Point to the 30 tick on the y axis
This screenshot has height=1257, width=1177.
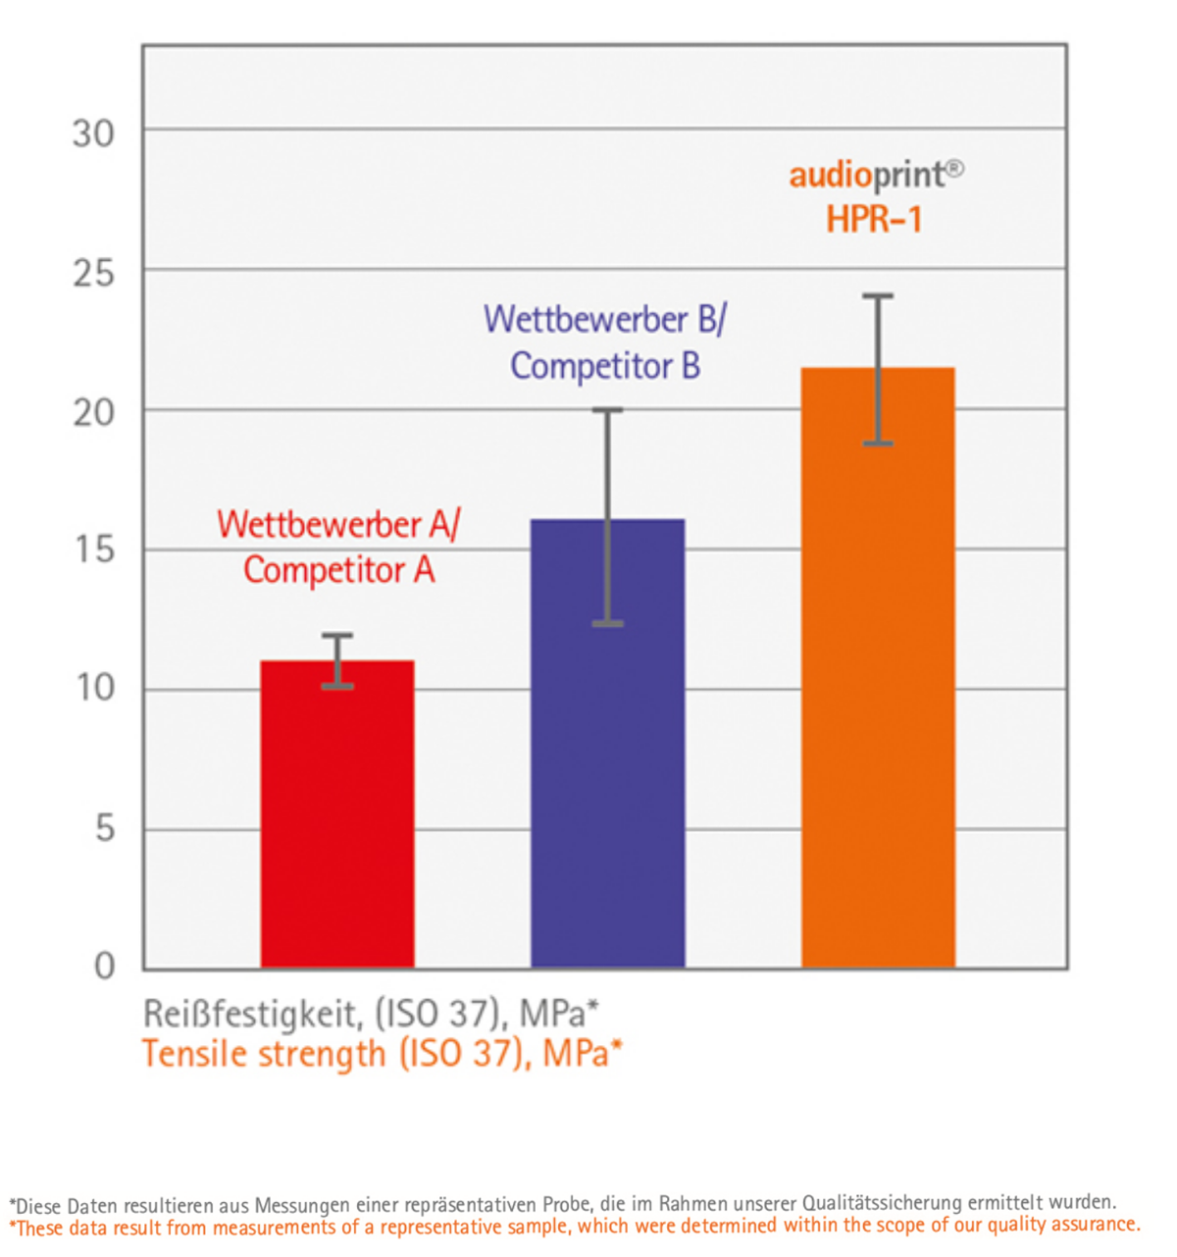pyautogui.click(x=93, y=133)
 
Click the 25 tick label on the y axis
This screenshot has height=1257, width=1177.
pyautogui.click(x=93, y=273)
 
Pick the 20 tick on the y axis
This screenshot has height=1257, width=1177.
pyautogui.click(x=93, y=413)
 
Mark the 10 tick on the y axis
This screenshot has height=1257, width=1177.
pyautogui.click(x=95, y=688)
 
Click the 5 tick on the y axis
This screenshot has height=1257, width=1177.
pyautogui.click(x=104, y=829)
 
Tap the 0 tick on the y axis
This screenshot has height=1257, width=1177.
pyautogui.click(x=104, y=967)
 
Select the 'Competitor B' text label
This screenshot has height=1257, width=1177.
pyautogui.click(x=605, y=366)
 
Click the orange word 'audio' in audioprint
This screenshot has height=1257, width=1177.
pyautogui.click(x=830, y=176)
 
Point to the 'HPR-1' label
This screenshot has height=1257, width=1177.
pyautogui.click(x=874, y=219)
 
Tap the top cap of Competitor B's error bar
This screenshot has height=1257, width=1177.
pyautogui.click(x=607, y=410)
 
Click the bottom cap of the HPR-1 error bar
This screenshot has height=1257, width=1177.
pyautogui.click(x=878, y=444)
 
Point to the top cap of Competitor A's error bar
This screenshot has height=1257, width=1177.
pyautogui.click(x=337, y=636)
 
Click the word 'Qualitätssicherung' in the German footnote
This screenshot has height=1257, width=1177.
pyautogui.click(x=883, y=1203)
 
